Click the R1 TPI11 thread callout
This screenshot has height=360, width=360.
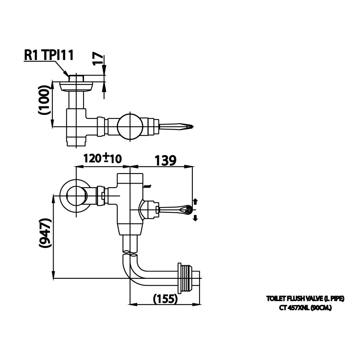(x=49, y=55)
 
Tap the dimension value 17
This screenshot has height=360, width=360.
(x=97, y=59)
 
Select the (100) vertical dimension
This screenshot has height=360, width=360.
(x=46, y=100)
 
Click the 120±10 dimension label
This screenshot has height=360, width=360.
(x=102, y=158)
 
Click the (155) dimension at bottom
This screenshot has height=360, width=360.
(x=165, y=298)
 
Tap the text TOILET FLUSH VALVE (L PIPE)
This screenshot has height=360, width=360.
(x=305, y=298)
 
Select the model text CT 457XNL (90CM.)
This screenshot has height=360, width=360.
(x=305, y=308)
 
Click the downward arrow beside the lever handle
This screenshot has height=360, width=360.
(x=196, y=217)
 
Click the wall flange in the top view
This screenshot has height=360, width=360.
(x=76, y=86)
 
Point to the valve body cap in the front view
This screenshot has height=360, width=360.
(x=129, y=178)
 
